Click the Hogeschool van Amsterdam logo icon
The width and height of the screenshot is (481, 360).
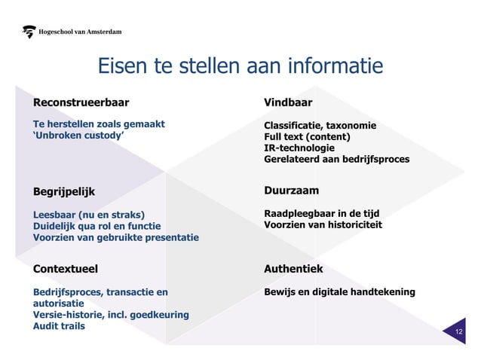tap(29, 32)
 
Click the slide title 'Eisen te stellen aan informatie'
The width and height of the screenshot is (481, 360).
tap(240, 67)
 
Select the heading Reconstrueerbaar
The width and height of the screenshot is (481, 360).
tap(81, 102)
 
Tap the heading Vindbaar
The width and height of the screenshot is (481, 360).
tap(287, 102)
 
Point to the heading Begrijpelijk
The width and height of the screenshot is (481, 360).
tap(65, 191)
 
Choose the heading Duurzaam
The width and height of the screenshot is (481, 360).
tap(291, 190)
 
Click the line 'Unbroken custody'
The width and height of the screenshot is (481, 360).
tap(78, 136)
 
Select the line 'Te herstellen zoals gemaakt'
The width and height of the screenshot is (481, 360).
tap(99, 124)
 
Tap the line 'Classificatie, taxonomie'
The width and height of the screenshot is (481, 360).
tap(320, 125)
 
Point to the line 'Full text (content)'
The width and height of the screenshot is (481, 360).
tap(307, 136)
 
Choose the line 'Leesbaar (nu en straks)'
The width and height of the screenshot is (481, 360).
tap(88, 214)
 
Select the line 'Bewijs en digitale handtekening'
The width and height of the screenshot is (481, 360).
tap(339, 291)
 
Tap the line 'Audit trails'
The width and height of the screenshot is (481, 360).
tap(59, 325)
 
